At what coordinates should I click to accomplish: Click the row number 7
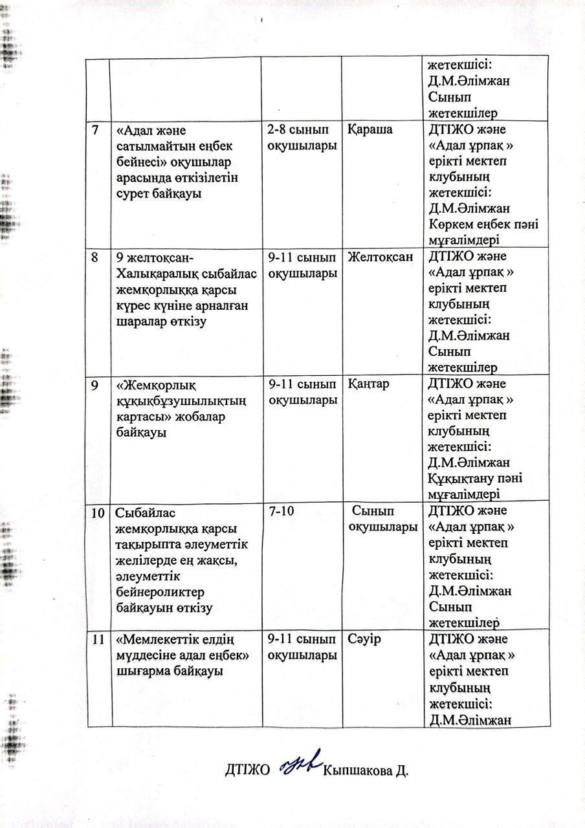pos(96,130)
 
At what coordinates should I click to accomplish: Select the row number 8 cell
pos(96,257)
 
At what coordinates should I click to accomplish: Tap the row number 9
pos(96,384)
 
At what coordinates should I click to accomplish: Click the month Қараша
pos(370,130)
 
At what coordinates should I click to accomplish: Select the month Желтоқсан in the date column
pos(380,257)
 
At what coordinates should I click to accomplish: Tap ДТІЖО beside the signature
pos(247,770)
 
